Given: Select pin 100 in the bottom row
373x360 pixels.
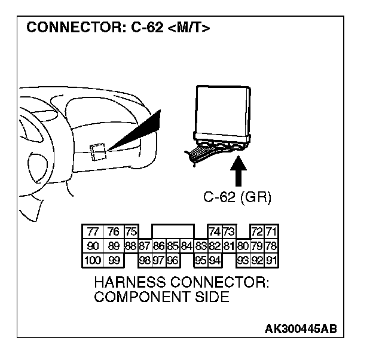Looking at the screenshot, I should click(93, 260).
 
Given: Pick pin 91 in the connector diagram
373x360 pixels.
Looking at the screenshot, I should click(271, 260).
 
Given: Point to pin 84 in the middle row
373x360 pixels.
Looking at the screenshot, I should click(186, 246).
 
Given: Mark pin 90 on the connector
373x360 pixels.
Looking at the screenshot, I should click(93, 246).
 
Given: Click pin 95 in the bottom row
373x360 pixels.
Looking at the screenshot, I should click(200, 260).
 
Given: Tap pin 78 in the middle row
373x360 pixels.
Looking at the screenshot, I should click(271, 246).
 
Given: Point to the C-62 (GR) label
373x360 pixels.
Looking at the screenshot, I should click(237, 198).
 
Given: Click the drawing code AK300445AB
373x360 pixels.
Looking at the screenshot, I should click(301, 329).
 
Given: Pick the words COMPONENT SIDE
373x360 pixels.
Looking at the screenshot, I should click(161, 297).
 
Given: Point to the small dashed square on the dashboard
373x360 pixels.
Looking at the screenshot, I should click(98, 152).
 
